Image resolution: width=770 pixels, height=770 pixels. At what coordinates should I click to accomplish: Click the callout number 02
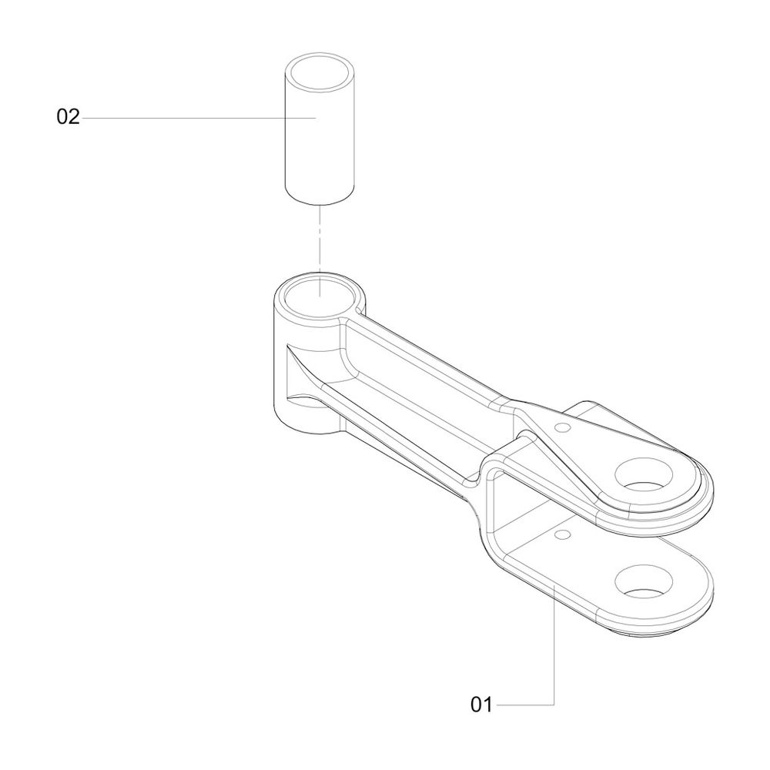(68, 117)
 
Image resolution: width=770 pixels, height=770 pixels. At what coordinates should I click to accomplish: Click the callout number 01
(480, 705)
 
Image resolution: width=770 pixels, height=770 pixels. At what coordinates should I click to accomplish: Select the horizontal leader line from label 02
(199, 118)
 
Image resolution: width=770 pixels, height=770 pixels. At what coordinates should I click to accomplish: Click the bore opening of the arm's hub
(320, 298)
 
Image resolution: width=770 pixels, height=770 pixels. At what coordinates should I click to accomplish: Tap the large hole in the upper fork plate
(644, 475)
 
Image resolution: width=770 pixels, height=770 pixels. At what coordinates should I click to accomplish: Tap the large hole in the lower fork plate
(644, 581)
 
